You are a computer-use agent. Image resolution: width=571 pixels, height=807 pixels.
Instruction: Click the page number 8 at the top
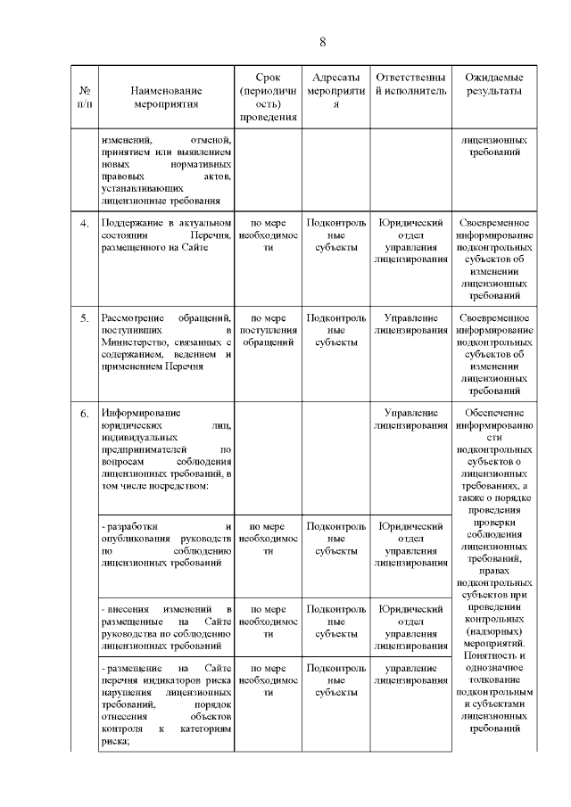pos(323,43)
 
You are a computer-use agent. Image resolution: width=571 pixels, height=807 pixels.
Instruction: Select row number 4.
pos(85,223)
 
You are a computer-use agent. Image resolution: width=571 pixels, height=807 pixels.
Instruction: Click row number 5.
pos(85,318)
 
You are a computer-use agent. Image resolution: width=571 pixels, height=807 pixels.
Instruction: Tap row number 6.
pos(85,414)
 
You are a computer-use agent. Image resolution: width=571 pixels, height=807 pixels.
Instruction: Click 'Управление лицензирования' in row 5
pos(410,325)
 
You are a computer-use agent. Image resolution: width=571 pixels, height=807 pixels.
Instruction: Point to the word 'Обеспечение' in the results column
pos(493,414)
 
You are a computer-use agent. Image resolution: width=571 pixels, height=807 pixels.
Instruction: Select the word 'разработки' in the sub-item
pos(129,526)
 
